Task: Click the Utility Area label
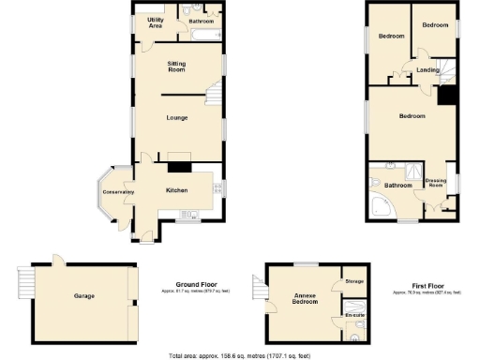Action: (156, 22)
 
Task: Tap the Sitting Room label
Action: (176, 67)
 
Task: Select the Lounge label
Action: (177, 117)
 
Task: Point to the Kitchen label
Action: (176, 190)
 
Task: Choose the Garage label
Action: (84, 295)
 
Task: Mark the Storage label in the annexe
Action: (353, 281)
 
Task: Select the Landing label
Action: (427, 70)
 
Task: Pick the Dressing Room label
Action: (435, 183)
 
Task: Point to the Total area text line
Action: (239, 355)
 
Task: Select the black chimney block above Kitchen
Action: (178, 167)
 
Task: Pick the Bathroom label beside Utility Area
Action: (201, 20)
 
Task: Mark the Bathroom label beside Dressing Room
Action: (398, 186)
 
